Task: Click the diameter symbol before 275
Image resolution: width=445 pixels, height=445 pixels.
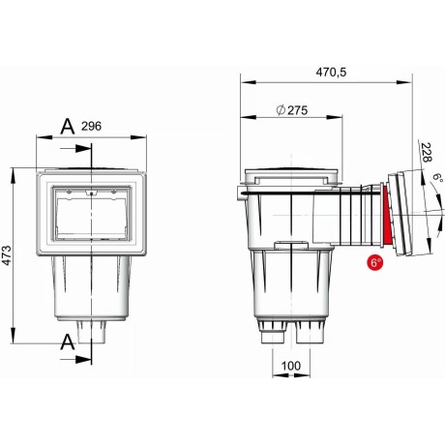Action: coord(280,110)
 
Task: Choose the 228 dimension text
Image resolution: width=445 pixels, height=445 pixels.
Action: coord(426,153)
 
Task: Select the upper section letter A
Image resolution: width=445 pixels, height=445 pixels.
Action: coord(68,127)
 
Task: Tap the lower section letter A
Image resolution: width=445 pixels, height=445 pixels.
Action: coord(68,341)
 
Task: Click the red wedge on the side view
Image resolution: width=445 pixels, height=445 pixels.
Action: coord(387,218)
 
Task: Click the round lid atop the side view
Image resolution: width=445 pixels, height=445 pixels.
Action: coord(293,176)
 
